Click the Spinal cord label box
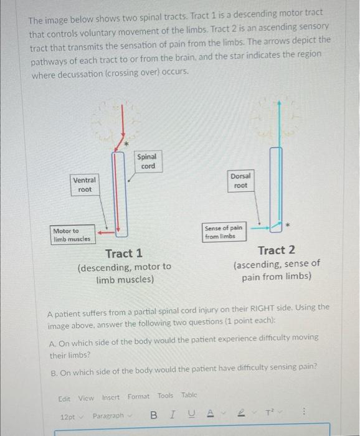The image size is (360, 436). [x=148, y=161]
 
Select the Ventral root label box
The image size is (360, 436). [x=84, y=184]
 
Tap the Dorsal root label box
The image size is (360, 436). [x=240, y=181]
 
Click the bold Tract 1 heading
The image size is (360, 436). [x=124, y=254]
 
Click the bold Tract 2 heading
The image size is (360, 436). [x=276, y=250]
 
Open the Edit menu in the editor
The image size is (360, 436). [x=64, y=397]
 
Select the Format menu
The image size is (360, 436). [x=138, y=397]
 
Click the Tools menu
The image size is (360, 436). [x=165, y=396]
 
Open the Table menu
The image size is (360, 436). [x=189, y=396]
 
